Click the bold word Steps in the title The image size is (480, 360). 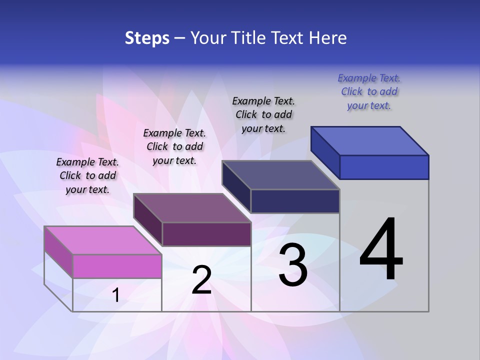click(x=147, y=38)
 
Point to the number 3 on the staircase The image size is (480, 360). click(x=293, y=265)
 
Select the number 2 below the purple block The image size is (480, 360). click(x=201, y=280)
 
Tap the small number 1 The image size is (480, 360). click(x=116, y=295)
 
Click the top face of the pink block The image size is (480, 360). click(x=103, y=240)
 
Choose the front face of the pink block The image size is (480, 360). click(x=117, y=266)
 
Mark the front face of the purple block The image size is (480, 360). click(x=206, y=234)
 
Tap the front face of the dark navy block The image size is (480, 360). click(x=295, y=201)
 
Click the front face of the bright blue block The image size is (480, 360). click(x=384, y=167)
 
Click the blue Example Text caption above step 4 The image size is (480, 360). click(x=369, y=92)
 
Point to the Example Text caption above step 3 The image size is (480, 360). click(x=263, y=114)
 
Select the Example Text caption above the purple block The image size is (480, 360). click(x=174, y=146)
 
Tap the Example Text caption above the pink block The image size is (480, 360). click(x=87, y=175)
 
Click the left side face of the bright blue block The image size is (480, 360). click(x=325, y=152)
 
